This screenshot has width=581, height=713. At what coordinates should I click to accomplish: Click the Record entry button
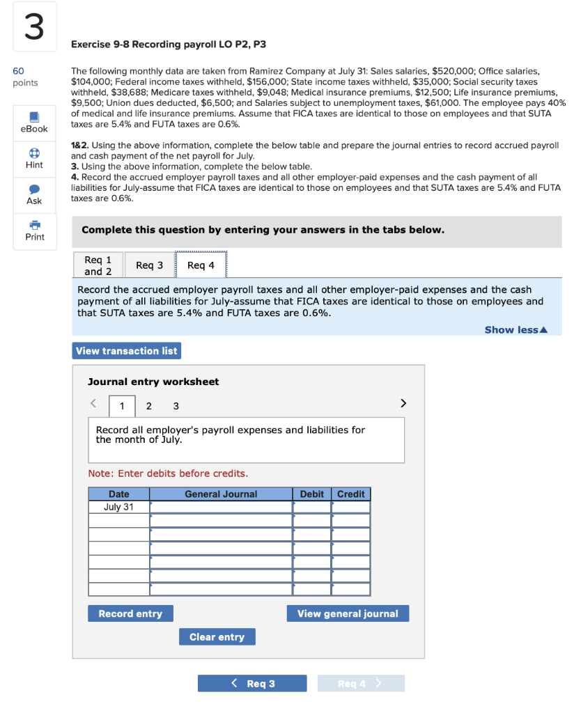point(130,613)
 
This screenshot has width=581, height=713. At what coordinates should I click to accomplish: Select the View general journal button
point(348,613)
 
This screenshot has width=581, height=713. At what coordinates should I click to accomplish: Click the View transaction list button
point(126,351)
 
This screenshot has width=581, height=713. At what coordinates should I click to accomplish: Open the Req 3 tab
point(149,265)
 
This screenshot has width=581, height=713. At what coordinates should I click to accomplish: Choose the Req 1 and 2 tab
point(98,265)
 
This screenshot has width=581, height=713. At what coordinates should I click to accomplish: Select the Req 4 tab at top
point(201,265)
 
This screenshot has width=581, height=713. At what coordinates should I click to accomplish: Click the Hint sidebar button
point(34,153)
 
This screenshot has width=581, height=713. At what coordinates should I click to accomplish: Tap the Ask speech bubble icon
point(34,189)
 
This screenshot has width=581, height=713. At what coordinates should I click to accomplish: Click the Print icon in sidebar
point(34,226)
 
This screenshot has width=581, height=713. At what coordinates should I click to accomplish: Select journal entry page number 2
point(148,406)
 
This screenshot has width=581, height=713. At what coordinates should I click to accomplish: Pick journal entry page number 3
point(176,406)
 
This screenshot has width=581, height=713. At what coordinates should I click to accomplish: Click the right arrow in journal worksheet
point(402,403)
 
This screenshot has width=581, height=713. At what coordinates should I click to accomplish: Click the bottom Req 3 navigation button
point(252,683)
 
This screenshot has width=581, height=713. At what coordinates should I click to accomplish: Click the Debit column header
point(311,494)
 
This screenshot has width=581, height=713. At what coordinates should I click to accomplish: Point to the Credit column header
point(350,494)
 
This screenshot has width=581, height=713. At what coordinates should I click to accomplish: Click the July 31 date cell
point(118,507)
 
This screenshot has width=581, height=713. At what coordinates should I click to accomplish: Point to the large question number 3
point(33,27)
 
